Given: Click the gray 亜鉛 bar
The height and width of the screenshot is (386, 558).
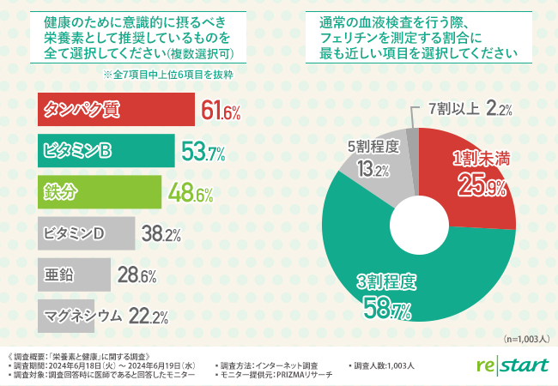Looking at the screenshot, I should pyautogui.click(x=73, y=274).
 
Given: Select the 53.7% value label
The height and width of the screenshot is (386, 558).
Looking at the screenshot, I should pyautogui.click(x=203, y=154).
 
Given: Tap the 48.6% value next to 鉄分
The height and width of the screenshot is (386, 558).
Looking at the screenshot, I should pyautogui.click(x=190, y=193).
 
